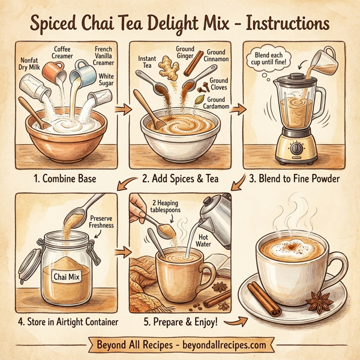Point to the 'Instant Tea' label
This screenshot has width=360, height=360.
pos(147,63)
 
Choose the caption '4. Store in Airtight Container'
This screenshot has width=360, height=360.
pos(68,322)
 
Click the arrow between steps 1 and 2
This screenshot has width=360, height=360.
pos(122,109)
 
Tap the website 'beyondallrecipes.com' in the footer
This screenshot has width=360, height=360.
pos(219,346)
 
